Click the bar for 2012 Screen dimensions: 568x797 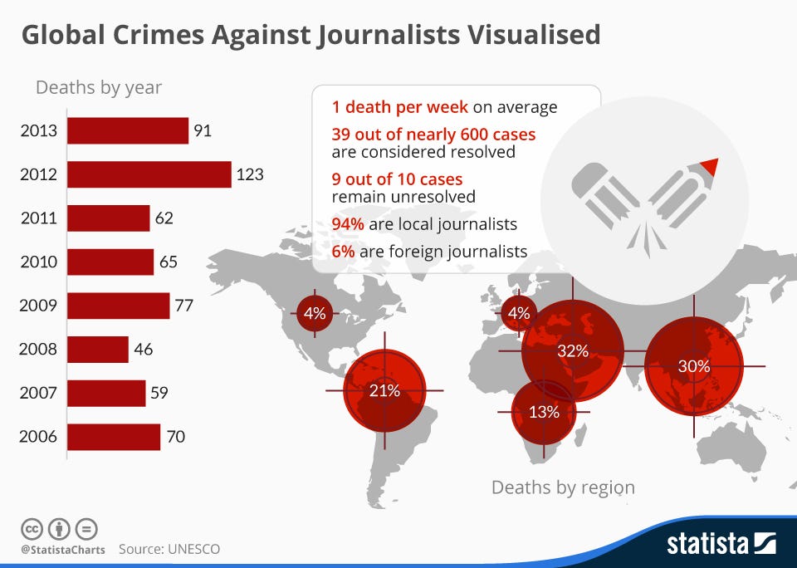tap(149, 174)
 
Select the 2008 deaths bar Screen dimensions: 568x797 tap(98, 349)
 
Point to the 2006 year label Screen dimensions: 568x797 tap(38, 436)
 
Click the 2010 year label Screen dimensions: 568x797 tap(38, 262)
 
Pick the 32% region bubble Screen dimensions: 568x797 tap(573, 350)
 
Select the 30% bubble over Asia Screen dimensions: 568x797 tap(693, 365)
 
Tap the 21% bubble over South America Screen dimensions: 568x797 tap(384, 390)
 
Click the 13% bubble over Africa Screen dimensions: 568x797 tap(544, 412)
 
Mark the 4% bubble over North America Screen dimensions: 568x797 tap(315, 314)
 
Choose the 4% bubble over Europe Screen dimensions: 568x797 tap(518, 314)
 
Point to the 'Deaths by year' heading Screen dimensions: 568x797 tap(98, 87)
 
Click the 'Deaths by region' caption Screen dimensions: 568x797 tap(563, 487)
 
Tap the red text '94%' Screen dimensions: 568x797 tap(349, 224)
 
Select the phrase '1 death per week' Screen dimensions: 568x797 tap(399, 107)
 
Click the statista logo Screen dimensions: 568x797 tap(721, 544)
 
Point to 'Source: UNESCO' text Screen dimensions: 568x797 tap(169, 549)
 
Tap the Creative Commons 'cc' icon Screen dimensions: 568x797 tap(32, 528)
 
